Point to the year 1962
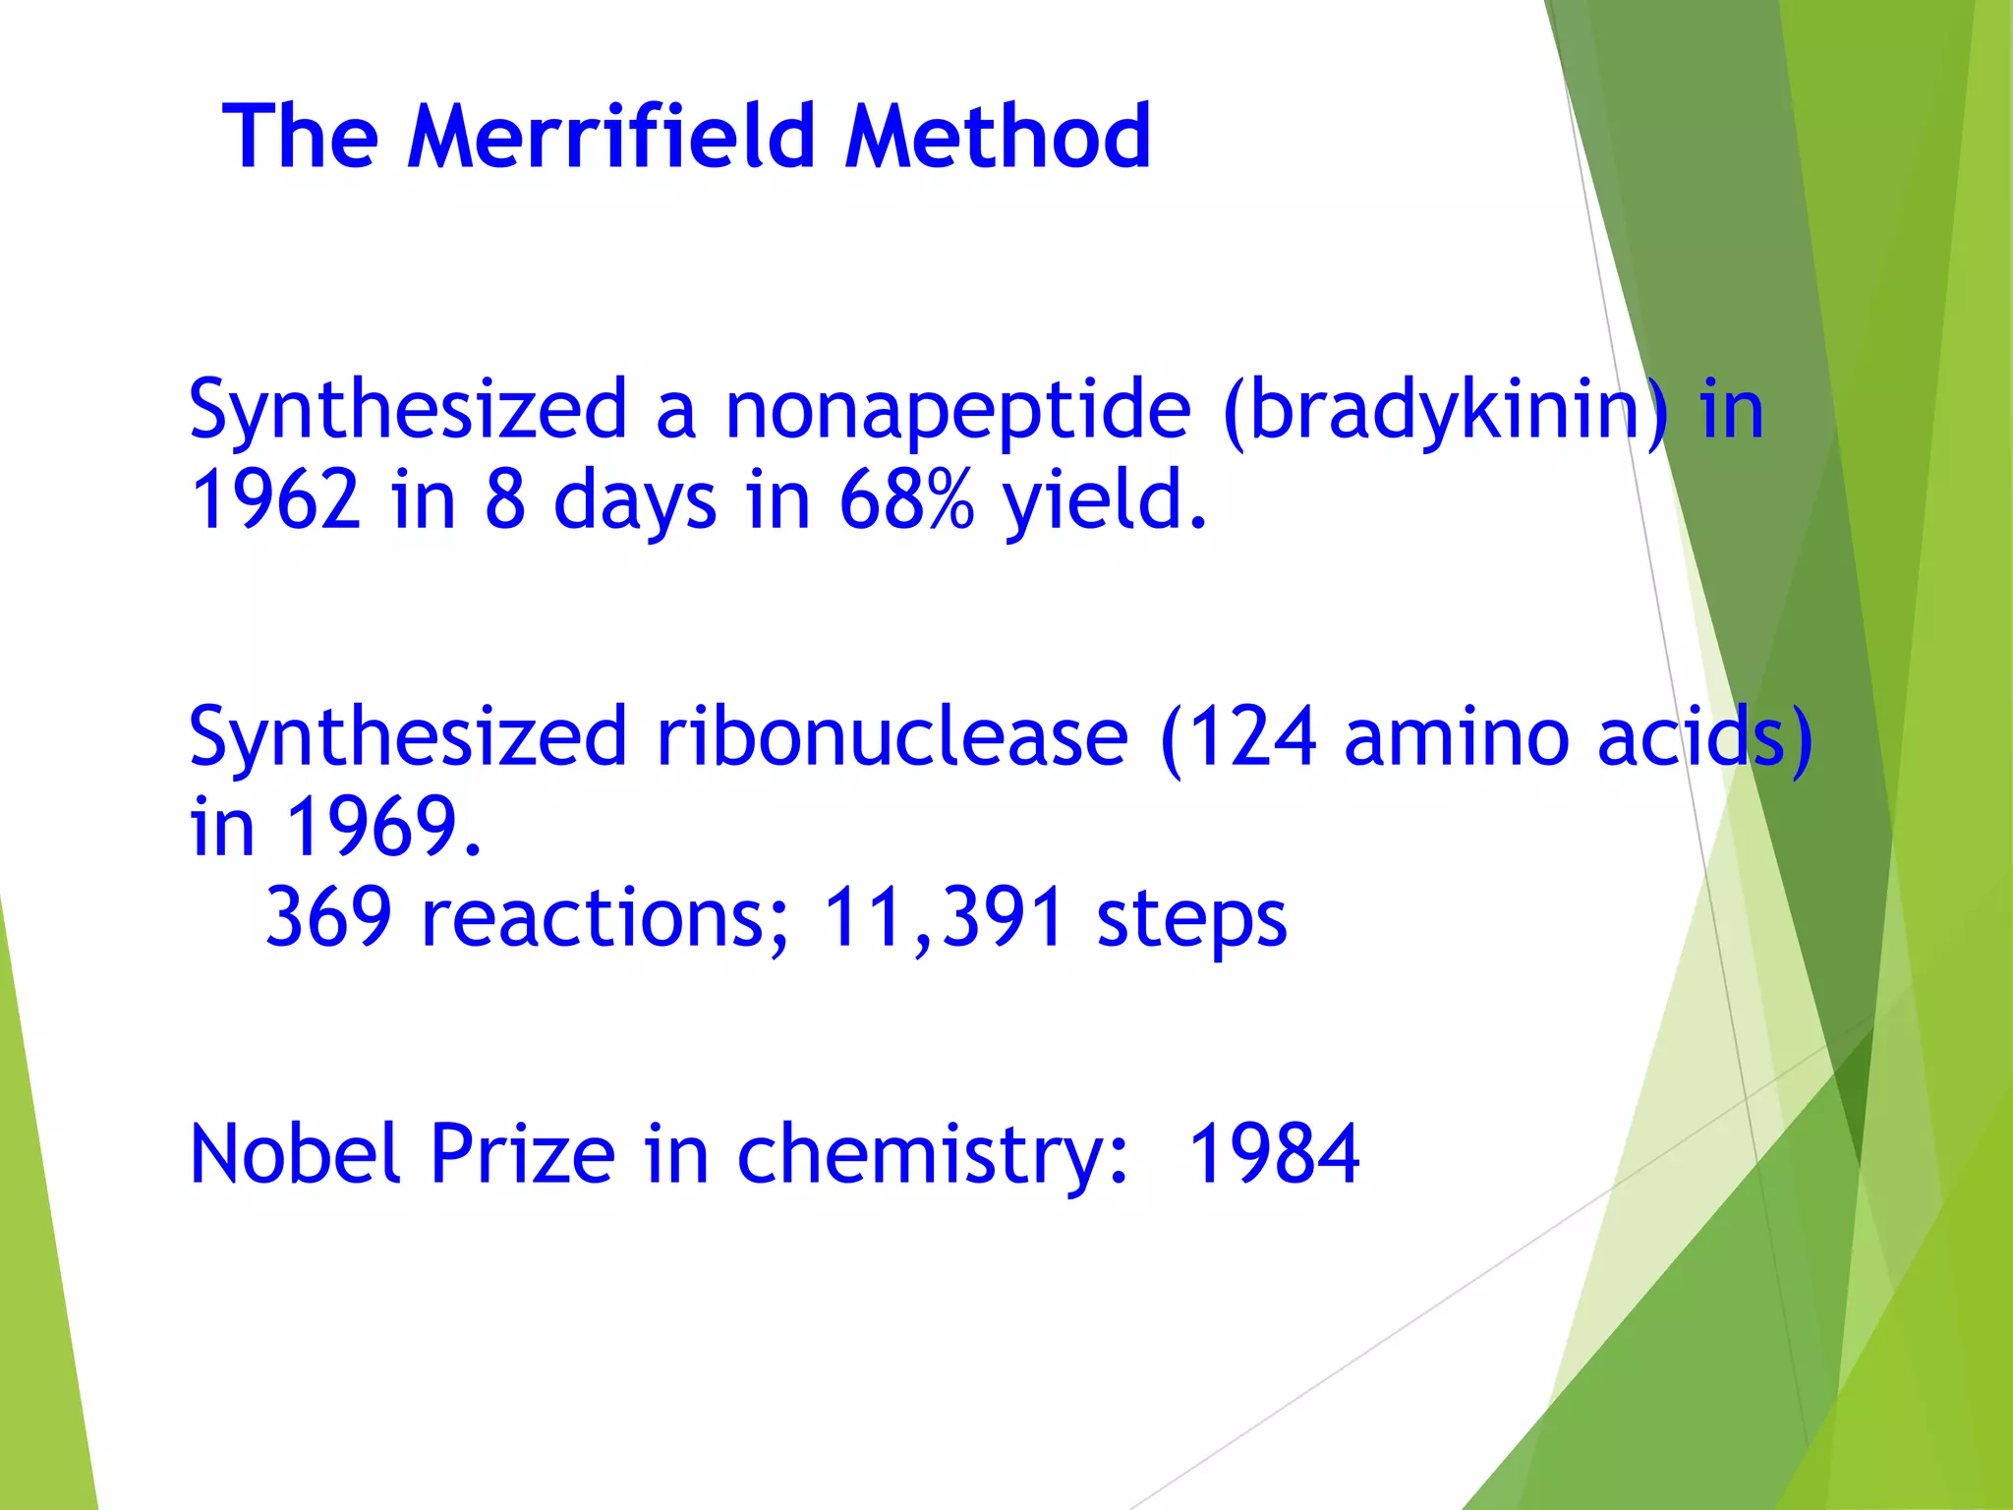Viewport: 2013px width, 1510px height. click(275, 499)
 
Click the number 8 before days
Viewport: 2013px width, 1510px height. click(504, 499)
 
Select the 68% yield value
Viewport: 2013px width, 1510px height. click(906, 499)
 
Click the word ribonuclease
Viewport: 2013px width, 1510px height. click(892, 736)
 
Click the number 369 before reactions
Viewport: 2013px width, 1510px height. click(328, 916)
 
